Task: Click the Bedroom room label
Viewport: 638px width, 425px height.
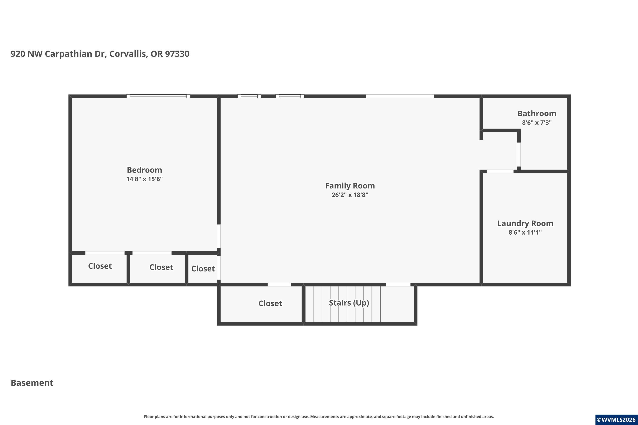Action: point(144,170)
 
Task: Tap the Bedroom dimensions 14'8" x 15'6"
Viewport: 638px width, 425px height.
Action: point(144,179)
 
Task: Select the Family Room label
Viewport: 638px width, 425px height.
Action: point(350,186)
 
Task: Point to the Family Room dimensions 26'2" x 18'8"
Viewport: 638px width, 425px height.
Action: point(350,195)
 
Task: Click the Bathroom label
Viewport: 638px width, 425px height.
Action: point(537,113)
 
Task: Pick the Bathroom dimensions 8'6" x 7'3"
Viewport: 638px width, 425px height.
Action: point(537,123)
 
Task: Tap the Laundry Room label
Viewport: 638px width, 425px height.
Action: point(525,223)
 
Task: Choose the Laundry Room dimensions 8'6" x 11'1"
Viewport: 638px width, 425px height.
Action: point(525,232)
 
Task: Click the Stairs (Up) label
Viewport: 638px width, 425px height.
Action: point(349,303)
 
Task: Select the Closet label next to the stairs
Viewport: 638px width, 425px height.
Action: point(271,303)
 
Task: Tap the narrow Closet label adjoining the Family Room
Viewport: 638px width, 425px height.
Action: point(203,269)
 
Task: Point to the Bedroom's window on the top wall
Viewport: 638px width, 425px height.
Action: point(158,96)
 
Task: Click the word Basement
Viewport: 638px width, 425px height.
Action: point(32,383)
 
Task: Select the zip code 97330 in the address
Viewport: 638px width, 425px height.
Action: point(177,54)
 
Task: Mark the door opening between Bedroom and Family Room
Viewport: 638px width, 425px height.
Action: point(219,236)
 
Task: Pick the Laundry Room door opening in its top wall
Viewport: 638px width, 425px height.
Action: point(500,171)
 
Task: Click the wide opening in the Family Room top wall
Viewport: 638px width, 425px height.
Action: point(400,96)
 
